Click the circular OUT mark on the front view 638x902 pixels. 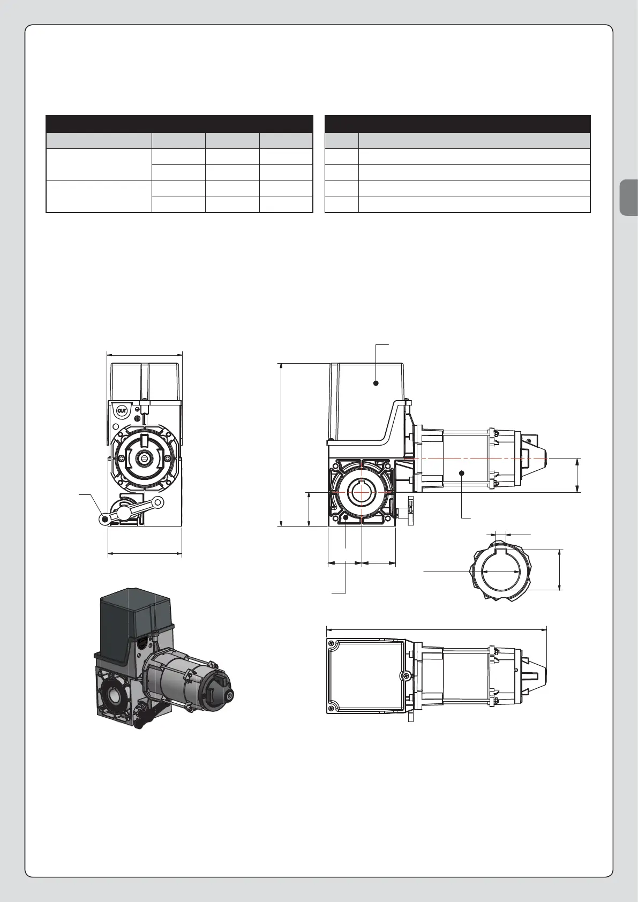coord(122,411)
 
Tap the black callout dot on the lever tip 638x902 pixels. coord(106,520)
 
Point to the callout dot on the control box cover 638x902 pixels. coord(376,383)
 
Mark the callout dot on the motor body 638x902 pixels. coord(462,472)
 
